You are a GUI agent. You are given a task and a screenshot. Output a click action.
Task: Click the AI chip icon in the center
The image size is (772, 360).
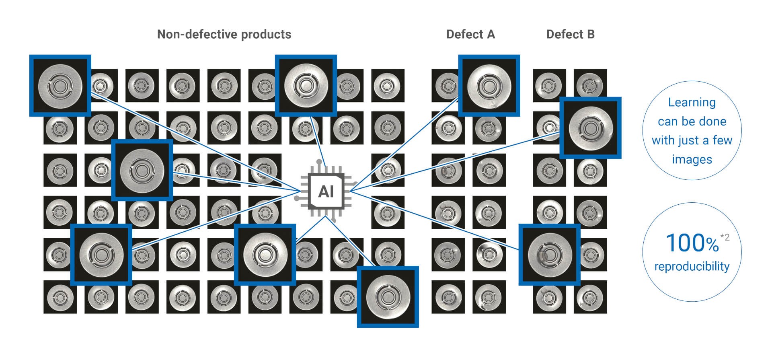(326, 191)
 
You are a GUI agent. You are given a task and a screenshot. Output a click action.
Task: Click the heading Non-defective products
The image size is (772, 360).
(224, 35)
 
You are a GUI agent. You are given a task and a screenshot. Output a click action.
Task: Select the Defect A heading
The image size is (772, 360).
(470, 35)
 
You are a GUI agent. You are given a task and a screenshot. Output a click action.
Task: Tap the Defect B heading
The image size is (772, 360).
(570, 35)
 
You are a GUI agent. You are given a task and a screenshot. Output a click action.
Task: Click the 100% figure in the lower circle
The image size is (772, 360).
(692, 243)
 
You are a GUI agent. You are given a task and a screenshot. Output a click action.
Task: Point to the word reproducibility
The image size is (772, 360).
(692, 266)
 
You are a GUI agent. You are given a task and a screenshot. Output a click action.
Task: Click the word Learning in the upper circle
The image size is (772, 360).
(692, 102)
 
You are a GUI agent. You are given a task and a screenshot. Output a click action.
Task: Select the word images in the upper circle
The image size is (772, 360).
(692, 159)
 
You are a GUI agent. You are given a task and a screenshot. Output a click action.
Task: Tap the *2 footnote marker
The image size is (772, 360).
(725, 237)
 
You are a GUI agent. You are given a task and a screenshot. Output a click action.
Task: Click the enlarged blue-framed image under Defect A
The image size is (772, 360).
(489, 86)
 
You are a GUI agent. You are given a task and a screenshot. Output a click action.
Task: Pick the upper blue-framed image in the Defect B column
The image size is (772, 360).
(590, 128)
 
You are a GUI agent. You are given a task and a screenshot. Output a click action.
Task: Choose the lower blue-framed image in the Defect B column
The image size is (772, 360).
(549, 255)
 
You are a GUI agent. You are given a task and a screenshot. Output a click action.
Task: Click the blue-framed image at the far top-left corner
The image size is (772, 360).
(60, 86)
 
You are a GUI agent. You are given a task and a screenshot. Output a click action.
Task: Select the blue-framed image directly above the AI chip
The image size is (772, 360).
(306, 86)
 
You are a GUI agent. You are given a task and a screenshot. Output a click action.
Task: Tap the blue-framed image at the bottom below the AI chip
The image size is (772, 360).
(388, 297)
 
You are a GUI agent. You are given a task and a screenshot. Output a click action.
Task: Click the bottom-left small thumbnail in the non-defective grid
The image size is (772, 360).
(60, 297)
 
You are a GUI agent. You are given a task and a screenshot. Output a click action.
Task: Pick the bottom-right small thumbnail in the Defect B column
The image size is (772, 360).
(590, 297)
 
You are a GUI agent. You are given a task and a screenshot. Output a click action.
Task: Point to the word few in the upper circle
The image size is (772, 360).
(722, 140)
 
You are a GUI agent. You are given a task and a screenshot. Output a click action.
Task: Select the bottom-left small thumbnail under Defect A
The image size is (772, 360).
(448, 297)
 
